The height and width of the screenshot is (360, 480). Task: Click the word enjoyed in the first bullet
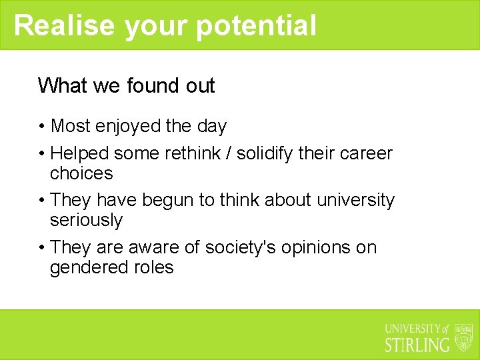point(125,126)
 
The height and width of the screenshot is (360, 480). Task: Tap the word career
point(366,153)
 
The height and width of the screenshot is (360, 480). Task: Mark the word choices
point(81,174)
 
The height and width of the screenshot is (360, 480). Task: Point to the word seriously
point(86,221)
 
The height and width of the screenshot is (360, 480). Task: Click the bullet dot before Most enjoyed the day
point(42,126)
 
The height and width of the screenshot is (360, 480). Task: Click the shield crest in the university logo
point(463,337)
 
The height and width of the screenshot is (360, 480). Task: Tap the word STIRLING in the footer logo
point(417,345)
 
